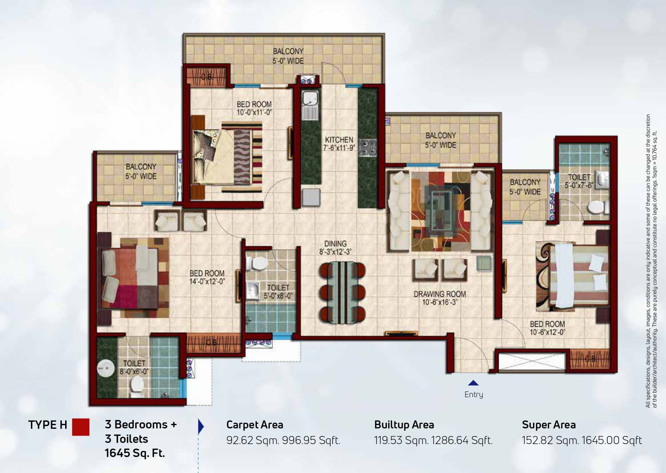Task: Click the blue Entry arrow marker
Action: pyautogui.click(x=473, y=383)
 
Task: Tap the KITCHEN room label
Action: pyautogui.click(x=339, y=140)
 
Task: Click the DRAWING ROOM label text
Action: pyautogui.click(x=440, y=294)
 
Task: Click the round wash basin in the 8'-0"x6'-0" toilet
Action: pyautogui.click(x=105, y=369)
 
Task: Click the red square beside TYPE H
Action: pyautogui.click(x=81, y=427)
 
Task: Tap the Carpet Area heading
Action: pyautogui.click(x=255, y=425)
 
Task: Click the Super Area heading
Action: pyautogui.click(x=549, y=425)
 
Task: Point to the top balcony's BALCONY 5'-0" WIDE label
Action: pyautogui.click(x=288, y=56)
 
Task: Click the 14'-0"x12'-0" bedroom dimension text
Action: pyautogui.click(x=207, y=282)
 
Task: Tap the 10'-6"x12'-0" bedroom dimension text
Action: pyautogui.click(x=547, y=332)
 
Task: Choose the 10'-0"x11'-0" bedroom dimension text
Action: pyautogui.click(x=254, y=112)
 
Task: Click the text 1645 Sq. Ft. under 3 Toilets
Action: pyautogui.click(x=135, y=453)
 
